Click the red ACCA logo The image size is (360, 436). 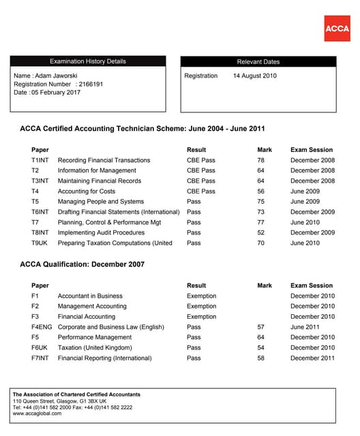[337, 29]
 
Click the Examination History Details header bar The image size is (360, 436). [88, 61]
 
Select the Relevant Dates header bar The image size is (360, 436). [258, 61]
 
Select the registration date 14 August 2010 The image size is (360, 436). [255, 76]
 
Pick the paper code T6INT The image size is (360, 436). [41, 212]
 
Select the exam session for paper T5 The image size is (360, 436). [305, 202]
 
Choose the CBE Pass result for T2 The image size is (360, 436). [200, 170]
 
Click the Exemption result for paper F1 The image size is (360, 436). [201, 296]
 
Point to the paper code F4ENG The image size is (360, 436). [42, 327]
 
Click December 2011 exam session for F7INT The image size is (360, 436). [312, 358]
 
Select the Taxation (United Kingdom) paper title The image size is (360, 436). [94, 347]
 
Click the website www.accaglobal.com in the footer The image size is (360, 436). [38, 413]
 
